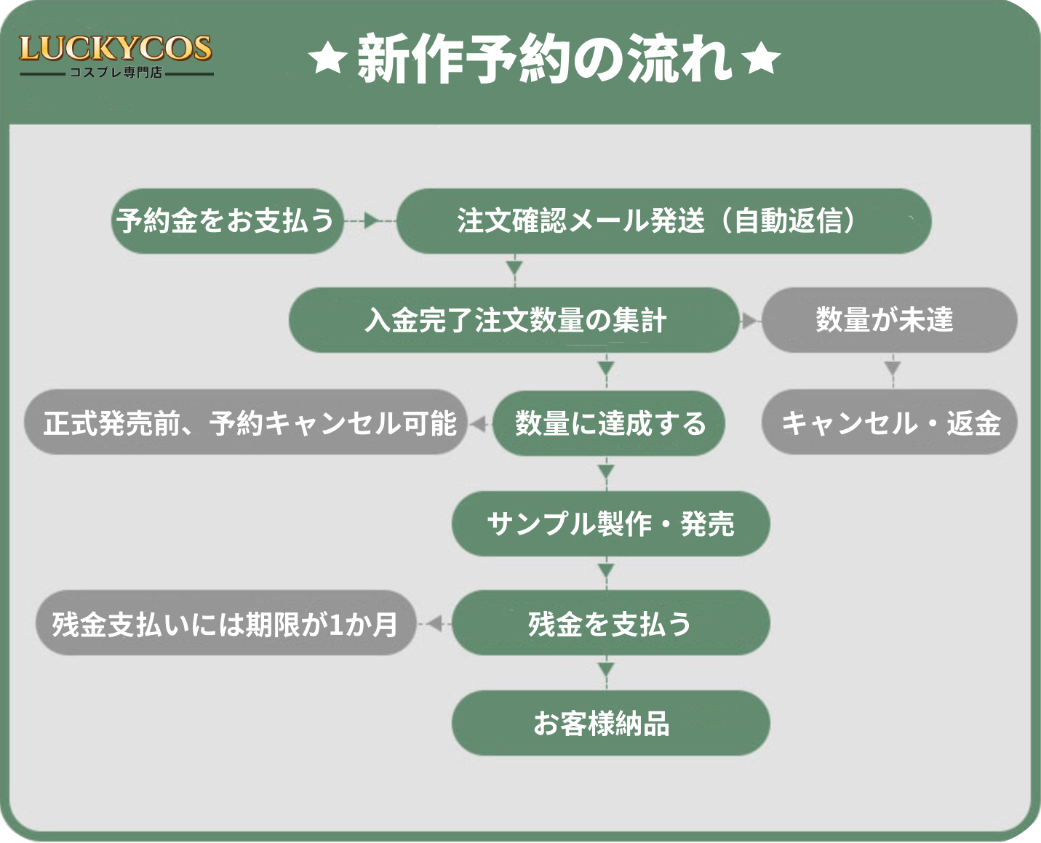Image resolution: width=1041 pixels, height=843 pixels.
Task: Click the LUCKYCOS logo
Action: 116,55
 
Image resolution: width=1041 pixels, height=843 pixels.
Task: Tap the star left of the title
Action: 327,58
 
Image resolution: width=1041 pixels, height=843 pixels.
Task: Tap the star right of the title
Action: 761,58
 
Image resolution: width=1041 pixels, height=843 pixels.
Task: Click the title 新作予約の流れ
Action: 544,59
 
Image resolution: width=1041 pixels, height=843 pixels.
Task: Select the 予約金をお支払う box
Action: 227,221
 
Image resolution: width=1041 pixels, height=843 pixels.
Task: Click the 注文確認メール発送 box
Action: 663,221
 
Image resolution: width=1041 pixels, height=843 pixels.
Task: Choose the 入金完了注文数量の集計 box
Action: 514,320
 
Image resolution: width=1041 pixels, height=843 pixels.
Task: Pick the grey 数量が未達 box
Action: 890,320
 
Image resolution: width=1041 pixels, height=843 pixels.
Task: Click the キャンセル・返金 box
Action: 890,423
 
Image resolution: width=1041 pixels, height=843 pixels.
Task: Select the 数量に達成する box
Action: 608,423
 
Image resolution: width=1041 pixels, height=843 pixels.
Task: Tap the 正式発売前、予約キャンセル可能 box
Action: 246,423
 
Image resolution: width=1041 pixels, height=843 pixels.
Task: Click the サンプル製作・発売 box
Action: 611,524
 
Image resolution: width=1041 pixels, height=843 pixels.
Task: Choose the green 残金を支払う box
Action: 611,623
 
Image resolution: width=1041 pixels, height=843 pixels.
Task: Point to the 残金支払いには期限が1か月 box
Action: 226,623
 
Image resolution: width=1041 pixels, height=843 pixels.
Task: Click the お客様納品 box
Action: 611,723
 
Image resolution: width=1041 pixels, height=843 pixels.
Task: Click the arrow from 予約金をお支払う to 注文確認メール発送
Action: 370,221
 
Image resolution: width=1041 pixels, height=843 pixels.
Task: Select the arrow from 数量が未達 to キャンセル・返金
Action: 893,371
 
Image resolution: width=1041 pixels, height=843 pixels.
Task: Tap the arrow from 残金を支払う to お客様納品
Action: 606,673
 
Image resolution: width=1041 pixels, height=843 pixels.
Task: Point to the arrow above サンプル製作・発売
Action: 606,474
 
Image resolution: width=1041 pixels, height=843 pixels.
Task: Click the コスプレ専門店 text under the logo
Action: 116,72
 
